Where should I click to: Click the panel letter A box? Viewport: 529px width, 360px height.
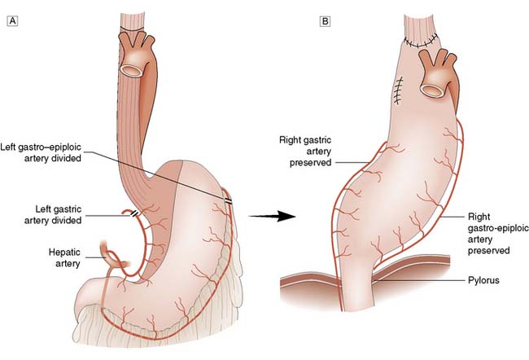pyautogui.click(x=12, y=21)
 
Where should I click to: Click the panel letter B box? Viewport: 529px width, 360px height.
pyautogui.click(x=325, y=21)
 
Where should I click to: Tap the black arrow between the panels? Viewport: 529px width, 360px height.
pyautogui.click(x=272, y=216)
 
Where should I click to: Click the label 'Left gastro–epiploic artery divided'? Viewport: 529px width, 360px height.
pyautogui.click(x=41, y=152)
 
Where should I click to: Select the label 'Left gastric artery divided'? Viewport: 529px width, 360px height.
pyautogui.click(x=53, y=215)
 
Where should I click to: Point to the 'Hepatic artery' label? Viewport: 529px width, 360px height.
pyautogui.click(x=64, y=257)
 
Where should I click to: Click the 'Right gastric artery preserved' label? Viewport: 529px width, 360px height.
pyautogui.click(x=306, y=151)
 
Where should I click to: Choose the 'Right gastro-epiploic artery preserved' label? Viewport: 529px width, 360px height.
pyautogui.click(x=498, y=234)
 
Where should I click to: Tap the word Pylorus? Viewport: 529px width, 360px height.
pyautogui.click(x=483, y=280)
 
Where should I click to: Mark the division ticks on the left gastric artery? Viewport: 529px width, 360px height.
pyautogui.click(x=134, y=213)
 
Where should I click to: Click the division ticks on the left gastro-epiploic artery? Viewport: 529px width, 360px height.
pyautogui.click(x=229, y=201)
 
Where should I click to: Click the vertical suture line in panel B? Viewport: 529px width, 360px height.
pyautogui.click(x=399, y=90)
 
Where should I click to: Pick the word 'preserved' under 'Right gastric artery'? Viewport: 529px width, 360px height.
pyautogui.click(x=311, y=162)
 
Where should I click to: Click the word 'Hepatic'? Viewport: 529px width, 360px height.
pyautogui.click(x=64, y=252)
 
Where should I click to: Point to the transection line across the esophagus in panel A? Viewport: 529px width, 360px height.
pyautogui.click(x=132, y=29)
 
